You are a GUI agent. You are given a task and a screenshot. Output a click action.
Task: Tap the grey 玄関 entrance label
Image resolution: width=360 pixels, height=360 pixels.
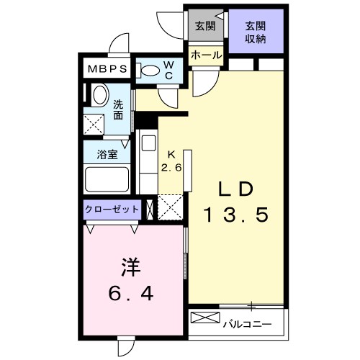[x=205, y=27]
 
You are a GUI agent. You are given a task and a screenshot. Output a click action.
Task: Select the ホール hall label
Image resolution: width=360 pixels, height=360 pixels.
[x=205, y=54]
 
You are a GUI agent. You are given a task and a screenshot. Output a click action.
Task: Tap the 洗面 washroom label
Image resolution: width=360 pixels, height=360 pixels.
[x=120, y=108]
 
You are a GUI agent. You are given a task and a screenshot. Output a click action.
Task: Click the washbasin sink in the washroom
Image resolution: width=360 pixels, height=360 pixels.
[x=99, y=94]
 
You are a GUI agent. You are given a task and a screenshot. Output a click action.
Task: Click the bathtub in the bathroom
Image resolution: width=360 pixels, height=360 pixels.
[x=107, y=177]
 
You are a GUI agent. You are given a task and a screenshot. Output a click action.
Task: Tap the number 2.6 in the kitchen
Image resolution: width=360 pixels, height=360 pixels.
[x=171, y=167]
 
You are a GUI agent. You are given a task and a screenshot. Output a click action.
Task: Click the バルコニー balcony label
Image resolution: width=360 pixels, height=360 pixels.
[x=247, y=323]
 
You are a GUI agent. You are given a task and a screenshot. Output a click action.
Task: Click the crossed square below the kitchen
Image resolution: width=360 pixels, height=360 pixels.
[x=170, y=207]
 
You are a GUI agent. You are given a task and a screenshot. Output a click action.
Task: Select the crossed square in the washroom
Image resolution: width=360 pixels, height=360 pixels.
[x=94, y=123]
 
